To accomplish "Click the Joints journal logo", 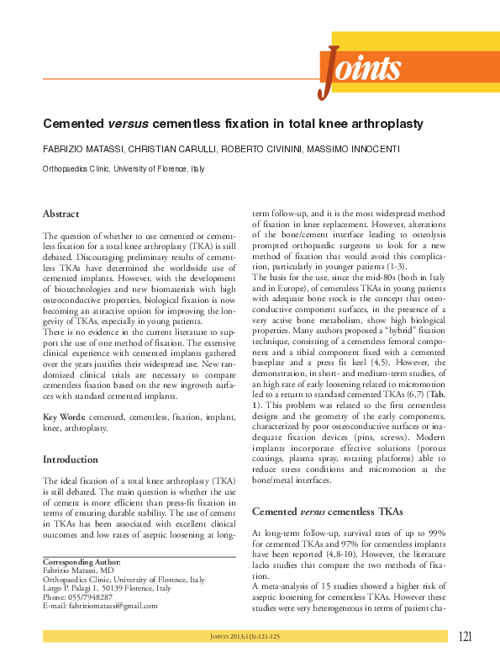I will pos(360,69).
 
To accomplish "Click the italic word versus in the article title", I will pos(127,123).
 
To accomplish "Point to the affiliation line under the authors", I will pos(123,168).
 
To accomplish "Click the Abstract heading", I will pos(61,214).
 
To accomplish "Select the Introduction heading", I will pos(71,459).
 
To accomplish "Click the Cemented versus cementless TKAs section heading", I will pos(312,511).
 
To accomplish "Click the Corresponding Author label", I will pos(82,561).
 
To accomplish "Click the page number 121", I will pos(468,637).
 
